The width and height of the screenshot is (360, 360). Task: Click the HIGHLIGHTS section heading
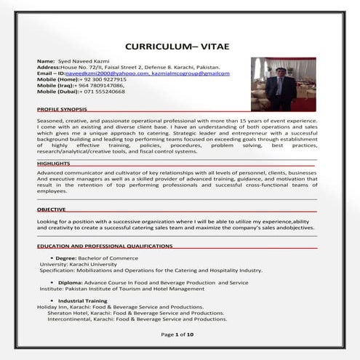coord(53,164)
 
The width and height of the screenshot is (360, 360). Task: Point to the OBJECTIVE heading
coord(51,209)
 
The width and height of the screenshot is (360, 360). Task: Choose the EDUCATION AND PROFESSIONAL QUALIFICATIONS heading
coord(105,247)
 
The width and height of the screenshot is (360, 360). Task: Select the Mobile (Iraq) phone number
coord(100,86)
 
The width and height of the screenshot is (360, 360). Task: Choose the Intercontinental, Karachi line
coord(137,319)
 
